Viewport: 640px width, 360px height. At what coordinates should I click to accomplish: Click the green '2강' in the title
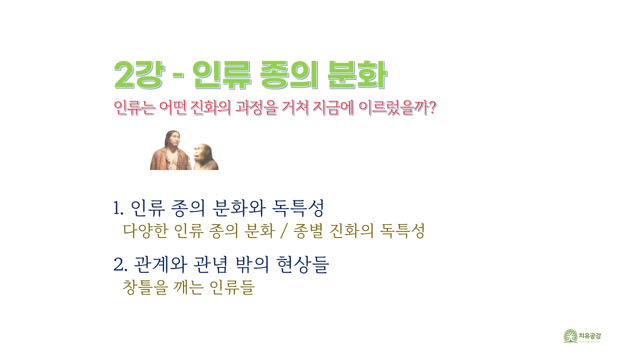tap(139, 75)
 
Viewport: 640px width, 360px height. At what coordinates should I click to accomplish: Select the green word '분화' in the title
tap(357, 75)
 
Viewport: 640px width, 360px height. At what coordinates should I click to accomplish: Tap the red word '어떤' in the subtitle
tap(173, 107)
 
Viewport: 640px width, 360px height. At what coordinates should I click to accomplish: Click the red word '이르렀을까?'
tap(397, 107)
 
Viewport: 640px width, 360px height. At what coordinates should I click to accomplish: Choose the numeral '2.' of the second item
tap(120, 264)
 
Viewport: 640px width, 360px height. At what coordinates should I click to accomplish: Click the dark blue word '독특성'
tap(298, 207)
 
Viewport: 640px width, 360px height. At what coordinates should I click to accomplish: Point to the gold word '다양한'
tap(145, 231)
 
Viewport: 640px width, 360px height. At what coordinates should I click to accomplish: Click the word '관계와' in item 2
tap(160, 264)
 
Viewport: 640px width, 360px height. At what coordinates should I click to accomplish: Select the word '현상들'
tap(303, 264)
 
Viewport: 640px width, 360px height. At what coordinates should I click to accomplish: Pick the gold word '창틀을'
tap(144, 287)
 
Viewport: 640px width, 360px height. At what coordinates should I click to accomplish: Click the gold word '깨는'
tap(188, 287)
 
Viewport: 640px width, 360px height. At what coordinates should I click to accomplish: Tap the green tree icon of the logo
tap(570, 335)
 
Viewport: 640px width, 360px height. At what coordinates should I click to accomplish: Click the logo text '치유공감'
tap(590, 335)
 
